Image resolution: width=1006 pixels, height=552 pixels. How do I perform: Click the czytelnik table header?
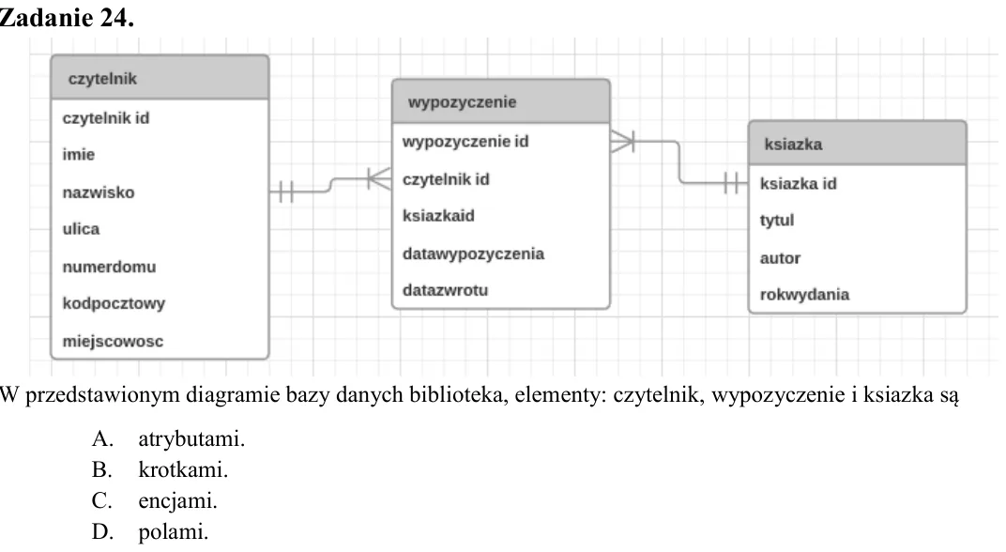point(160,78)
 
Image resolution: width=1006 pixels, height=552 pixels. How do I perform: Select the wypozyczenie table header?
point(500,101)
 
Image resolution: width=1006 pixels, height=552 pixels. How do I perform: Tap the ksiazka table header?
point(857,143)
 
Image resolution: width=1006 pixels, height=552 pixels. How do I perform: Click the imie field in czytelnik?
point(78,155)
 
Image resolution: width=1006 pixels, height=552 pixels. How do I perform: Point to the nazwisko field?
point(99,192)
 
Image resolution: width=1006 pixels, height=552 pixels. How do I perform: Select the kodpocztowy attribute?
point(114,303)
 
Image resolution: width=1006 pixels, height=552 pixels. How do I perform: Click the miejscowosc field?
point(113,341)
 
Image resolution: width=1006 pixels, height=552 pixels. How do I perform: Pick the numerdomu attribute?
point(109,267)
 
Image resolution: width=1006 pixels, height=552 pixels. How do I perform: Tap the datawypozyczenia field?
point(474,254)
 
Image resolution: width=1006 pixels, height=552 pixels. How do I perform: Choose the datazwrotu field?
point(445,290)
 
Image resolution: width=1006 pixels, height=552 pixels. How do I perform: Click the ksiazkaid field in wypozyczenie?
point(438,216)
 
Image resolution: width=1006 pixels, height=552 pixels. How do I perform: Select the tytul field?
point(777,221)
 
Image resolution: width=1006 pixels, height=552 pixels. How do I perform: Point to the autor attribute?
point(780,258)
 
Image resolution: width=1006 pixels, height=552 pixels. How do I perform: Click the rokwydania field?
point(804,295)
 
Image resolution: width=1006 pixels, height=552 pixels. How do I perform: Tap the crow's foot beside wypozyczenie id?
point(622,141)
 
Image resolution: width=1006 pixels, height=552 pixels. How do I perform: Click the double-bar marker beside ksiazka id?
point(731,183)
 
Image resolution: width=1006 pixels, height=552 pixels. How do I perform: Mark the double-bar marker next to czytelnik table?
point(286,192)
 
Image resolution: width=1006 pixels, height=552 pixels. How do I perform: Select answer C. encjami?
point(155,500)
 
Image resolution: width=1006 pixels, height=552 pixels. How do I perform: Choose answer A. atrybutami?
point(168,439)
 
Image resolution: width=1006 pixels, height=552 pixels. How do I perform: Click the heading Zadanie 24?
point(67,17)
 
